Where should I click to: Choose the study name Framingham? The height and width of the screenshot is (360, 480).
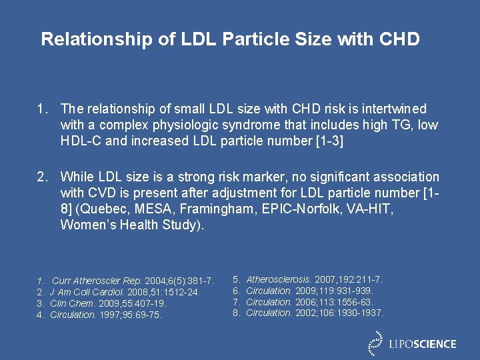[203, 209]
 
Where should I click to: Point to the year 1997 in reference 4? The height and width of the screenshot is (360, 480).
[109, 315]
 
